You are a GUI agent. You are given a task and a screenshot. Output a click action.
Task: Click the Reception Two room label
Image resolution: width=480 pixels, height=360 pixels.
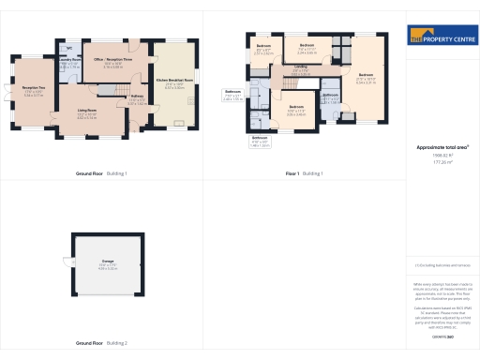(33, 92)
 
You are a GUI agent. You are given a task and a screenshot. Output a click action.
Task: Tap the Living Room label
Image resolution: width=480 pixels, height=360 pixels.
(87, 112)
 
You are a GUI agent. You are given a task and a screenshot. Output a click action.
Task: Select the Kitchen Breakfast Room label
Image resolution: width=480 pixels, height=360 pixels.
(174, 81)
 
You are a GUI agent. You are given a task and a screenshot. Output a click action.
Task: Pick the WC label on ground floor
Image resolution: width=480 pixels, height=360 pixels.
(69, 47)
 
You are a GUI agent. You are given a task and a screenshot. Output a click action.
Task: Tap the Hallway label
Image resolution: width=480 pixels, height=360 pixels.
(136, 97)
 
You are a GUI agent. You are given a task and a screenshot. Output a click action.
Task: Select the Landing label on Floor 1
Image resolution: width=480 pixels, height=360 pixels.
(300, 67)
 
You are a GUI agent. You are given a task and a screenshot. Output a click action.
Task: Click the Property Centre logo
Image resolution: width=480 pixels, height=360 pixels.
(438, 38)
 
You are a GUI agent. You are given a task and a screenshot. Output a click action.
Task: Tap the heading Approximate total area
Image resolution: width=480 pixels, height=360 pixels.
(437, 148)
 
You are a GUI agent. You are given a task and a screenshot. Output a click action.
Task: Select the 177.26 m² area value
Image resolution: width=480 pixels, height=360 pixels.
(436, 162)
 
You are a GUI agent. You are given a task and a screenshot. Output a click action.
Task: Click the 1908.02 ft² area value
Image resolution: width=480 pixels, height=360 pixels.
(436, 156)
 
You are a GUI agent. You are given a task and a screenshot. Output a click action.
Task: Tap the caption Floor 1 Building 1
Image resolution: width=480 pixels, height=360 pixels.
(305, 173)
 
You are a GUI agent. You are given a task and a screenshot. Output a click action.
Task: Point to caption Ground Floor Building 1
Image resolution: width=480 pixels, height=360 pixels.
(100, 173)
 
